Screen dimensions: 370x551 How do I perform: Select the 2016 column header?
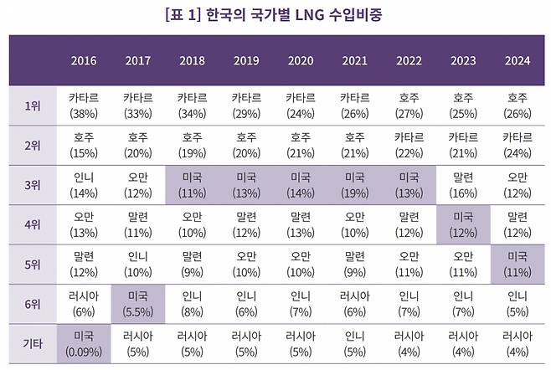(84, 60)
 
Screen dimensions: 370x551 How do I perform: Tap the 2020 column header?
(301, 60)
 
